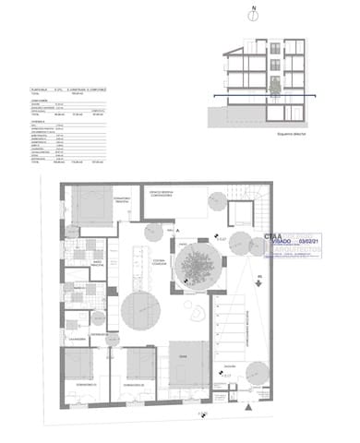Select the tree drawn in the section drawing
tap(273, 85)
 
